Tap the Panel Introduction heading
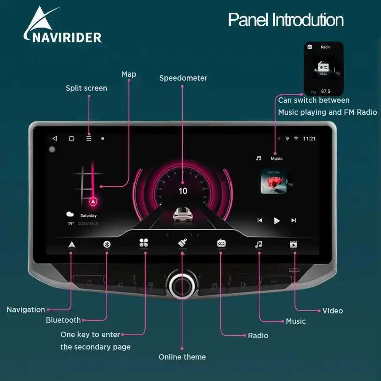tap(286, 20)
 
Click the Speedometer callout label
tap(183, 78)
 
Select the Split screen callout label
tap(86, 88)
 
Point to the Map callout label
tap(129, 74)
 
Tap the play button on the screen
tap(277, 220)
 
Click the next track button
tap(293, 220)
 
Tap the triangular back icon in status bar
tap(55, 138)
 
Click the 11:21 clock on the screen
tap(309, 138)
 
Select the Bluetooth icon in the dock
tap(107, 244)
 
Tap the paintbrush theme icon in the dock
tap(182, 243)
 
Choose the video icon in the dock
tap(293, 244)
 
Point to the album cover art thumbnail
tap(273, 181)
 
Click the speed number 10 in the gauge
tap(183, 191)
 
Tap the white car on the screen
tap(183, 214)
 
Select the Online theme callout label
tap(182, 357)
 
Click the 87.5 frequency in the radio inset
tap(326, 91)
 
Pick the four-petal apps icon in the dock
tap(144, 243)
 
